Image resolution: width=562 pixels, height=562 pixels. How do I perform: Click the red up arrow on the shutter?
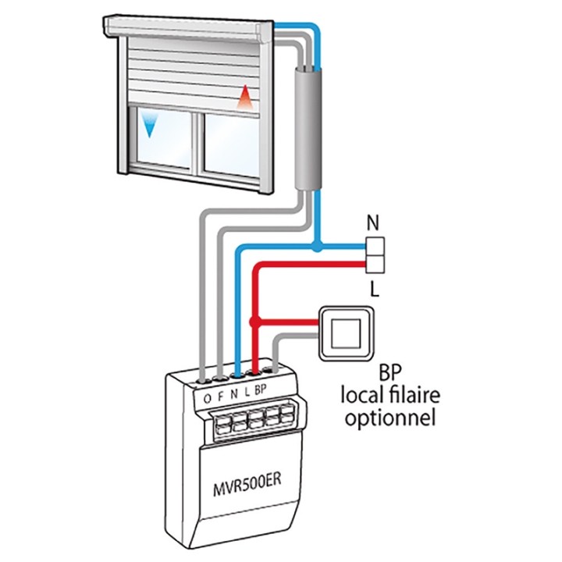point(245,97)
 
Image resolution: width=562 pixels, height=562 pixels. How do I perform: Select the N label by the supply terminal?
point(374,223)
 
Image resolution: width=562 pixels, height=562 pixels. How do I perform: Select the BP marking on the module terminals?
point(261,389)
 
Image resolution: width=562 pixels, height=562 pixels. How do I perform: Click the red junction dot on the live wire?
point(254,321)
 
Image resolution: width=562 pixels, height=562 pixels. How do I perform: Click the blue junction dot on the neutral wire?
point(316,249)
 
